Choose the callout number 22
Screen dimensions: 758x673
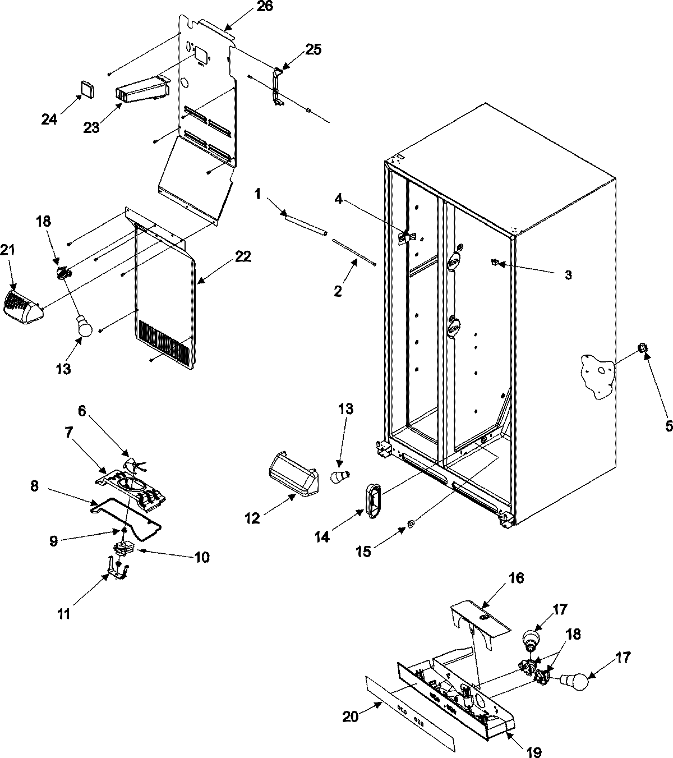point(243,256)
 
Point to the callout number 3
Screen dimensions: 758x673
point(568,275)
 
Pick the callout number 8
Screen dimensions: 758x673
point(34,486)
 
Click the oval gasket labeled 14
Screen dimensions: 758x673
point(371,496)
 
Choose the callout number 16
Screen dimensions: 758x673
point(516,578)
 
